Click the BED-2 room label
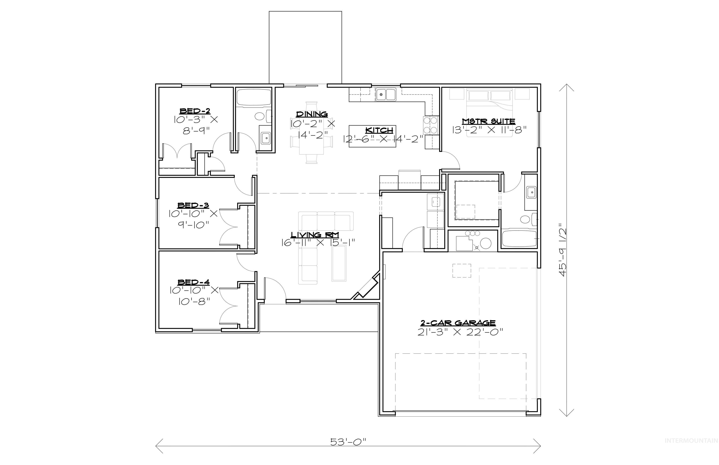tap(195, 111)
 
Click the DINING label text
tap(312, 114)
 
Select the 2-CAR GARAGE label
tap(458, 323)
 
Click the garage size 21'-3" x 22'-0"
tap(458, 332)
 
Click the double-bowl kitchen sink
tap(386, 95)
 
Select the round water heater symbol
tap(486, 243)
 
